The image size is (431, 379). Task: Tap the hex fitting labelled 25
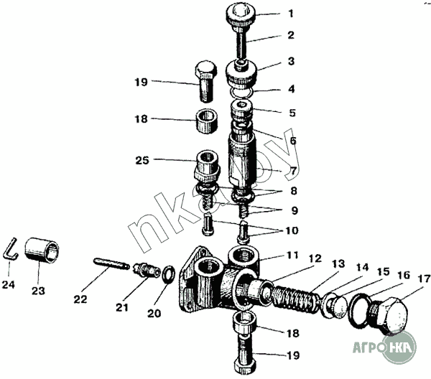207,167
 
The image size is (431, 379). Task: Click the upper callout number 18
142,118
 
